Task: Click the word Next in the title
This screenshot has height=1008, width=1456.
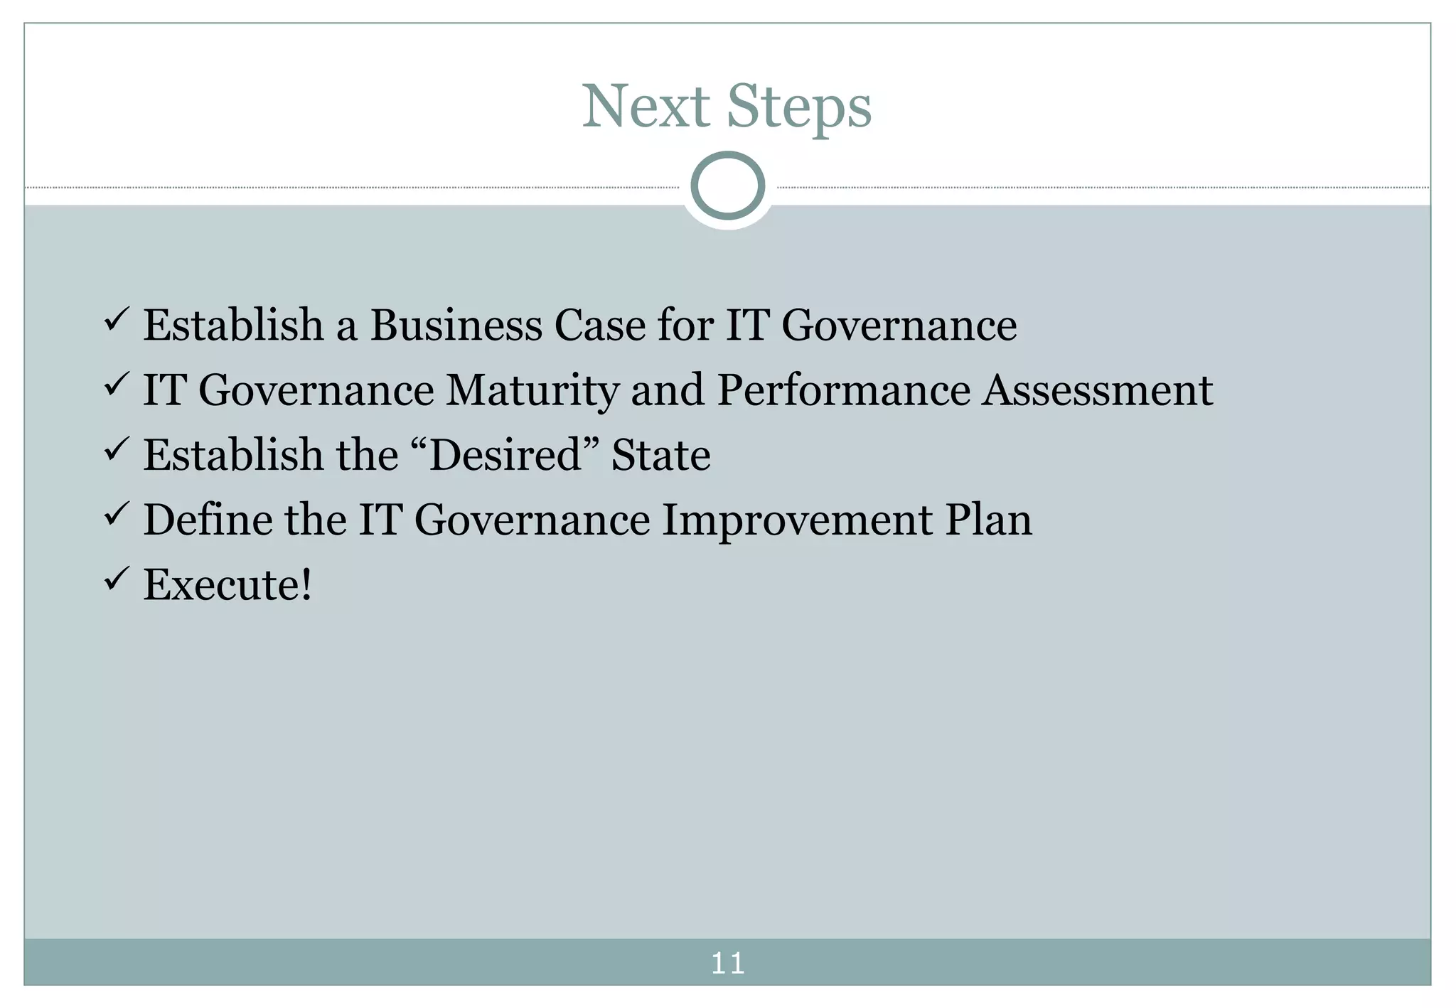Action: (x=646, y=107)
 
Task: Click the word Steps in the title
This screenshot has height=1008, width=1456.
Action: (x=799, y=108)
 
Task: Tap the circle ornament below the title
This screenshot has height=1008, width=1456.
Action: (x=727, y=186)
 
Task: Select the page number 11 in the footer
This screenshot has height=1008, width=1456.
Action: (x=727, y=963)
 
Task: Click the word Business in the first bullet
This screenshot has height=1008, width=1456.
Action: (x=456, y=325)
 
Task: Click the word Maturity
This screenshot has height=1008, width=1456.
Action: (x=532, y=391)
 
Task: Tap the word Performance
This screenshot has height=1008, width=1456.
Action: (x=843, y=390)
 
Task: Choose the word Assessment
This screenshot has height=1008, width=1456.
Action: (x=1097, y=390)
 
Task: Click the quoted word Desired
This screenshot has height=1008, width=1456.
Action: (x=505, y=455)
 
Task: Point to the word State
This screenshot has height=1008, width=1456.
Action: (x=660, y=455)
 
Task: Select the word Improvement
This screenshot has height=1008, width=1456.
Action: (x=797, y=520)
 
